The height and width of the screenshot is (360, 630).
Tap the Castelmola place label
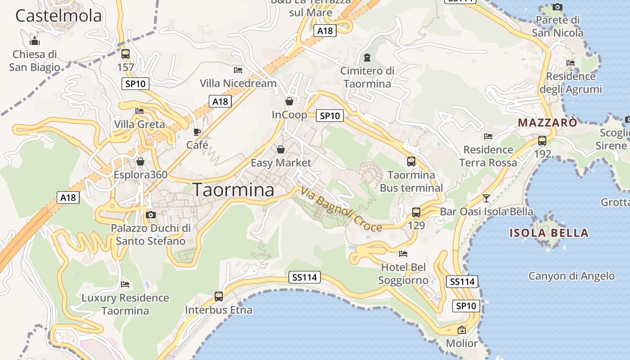(58, 16)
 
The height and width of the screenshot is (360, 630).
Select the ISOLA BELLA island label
(549, 233)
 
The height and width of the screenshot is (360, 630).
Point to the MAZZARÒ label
(547, 122)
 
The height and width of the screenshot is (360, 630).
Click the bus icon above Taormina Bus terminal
(411, 162)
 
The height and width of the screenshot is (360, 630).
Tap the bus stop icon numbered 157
(126, 54)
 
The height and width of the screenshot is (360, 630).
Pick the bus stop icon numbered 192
(542, 140)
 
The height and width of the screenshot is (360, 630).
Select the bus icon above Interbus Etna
(219, 297)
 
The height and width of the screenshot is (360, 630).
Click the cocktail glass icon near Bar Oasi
(486, 198)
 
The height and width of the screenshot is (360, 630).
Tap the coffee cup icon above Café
(197, 132)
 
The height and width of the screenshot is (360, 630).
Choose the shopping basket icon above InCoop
(289, 101)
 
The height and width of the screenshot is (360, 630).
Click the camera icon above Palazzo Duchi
(151, 215)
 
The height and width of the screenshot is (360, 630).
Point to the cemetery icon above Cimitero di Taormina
(367, 58)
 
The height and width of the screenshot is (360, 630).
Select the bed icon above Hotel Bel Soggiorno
(403, 254)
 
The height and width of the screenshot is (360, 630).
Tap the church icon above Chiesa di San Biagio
(35, 41)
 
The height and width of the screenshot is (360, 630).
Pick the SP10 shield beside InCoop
(330, 116)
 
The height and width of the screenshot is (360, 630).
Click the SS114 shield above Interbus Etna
(305, 278)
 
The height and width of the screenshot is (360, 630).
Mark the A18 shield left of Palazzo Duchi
(68, 198)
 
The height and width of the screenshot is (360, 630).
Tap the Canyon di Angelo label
(571, 276)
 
